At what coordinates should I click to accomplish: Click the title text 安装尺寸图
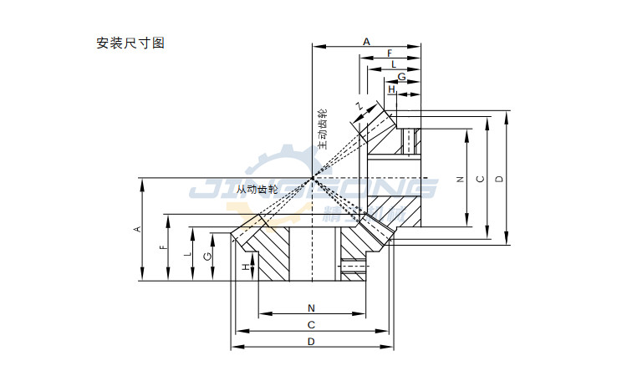(131, 43)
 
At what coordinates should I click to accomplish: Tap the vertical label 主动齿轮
(322, 129)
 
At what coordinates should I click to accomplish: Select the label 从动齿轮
(257, 190)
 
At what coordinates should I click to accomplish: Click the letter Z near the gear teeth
(359, 106)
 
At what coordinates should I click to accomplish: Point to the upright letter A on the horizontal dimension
(366, 40)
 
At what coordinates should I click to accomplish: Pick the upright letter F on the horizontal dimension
(390, 53)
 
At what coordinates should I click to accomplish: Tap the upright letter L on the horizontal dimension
(394, 64)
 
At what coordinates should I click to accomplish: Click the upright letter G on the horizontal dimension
(402, 76)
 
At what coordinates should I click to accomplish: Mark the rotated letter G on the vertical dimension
(208, 257)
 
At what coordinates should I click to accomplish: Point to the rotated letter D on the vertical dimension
(498, 179)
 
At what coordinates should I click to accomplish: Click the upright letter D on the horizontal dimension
(311, 342)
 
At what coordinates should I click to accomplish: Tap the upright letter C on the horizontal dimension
(311, 324)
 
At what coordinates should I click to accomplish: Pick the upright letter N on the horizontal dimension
(311, 307)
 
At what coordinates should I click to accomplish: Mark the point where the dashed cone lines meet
(312, 178)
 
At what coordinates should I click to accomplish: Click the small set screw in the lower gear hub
(354, 268)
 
